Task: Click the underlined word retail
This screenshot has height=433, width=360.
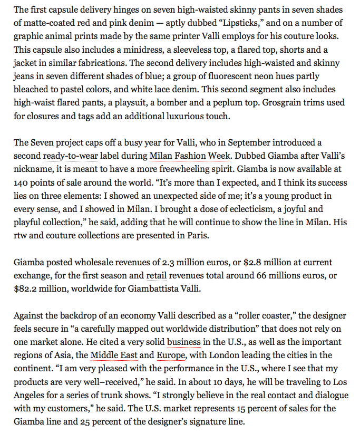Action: tap(156, 275)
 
